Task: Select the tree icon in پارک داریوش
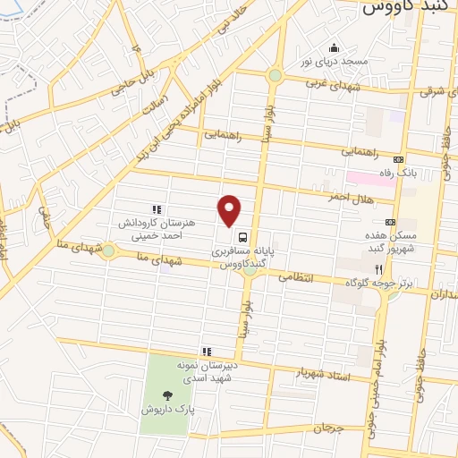(166, 394)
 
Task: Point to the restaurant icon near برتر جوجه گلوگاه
(378, 268)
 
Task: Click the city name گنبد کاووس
(402, 9)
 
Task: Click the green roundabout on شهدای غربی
(275, 75)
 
